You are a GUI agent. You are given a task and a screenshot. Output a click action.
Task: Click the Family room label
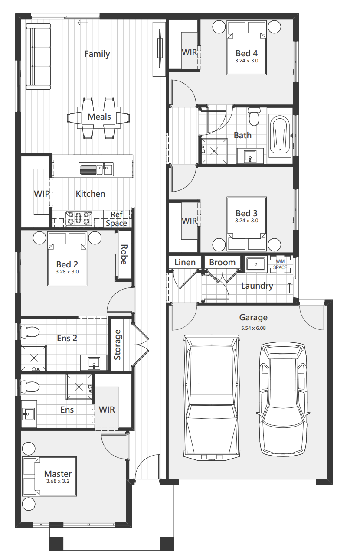(97, 54)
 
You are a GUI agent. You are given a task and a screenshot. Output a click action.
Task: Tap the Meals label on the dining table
(99, 117)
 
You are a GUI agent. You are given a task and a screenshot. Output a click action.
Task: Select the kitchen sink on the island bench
(96, 169)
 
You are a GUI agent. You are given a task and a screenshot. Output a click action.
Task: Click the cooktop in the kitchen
(79, 218)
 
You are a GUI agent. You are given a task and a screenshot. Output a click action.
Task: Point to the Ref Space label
(117, 219)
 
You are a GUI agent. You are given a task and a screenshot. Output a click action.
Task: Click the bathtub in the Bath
(280, 136)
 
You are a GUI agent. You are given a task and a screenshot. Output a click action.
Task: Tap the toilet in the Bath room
(254, 117)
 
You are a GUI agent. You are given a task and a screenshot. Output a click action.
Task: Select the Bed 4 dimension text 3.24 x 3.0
(247, 61)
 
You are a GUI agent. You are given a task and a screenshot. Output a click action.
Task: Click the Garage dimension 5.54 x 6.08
(253, 328)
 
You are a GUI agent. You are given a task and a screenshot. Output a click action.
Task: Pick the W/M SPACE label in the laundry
(280, 264)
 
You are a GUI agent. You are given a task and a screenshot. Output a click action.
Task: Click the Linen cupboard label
(185, 262)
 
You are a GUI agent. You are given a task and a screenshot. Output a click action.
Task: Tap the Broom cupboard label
(223, 262)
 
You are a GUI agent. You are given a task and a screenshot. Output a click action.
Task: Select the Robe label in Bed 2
(124, 254)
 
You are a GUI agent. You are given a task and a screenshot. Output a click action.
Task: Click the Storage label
(118, 345)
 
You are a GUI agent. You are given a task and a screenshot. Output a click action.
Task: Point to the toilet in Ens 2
(30, 332)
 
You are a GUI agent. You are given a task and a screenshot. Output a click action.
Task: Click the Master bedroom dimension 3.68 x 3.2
(58, 486)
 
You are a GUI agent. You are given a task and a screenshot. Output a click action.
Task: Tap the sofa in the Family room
(39, 56)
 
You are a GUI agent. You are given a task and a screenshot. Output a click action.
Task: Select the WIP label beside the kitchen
(42, 194)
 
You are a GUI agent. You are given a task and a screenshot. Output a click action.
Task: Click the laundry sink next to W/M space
(255, 264)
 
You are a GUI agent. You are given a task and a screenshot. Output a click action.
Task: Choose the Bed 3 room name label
(246, 213)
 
